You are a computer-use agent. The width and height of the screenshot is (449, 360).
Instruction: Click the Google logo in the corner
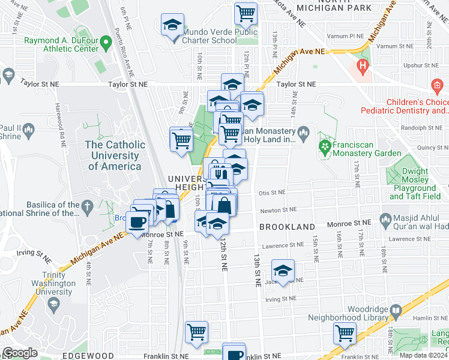coord(20,352)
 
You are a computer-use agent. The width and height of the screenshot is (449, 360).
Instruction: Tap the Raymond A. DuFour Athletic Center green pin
coord(106,42)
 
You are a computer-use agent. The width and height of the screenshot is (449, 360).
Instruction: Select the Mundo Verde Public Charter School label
coord(220,36)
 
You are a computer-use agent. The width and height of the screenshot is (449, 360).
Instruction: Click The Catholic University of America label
coord(115,155)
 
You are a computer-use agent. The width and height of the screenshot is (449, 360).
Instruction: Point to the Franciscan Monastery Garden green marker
coord(325,146)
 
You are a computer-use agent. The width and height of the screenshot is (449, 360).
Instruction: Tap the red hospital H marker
coord(362,64)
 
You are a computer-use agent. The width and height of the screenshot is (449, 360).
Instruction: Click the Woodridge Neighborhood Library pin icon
coord(396,311)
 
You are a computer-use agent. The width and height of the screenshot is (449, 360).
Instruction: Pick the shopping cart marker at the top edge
coord(246,12)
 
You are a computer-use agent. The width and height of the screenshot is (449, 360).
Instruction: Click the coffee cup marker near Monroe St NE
coord(137,222)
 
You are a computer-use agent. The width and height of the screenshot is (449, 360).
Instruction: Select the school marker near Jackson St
coord(283,269)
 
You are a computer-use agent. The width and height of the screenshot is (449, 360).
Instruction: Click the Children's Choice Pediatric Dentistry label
coord(405,106)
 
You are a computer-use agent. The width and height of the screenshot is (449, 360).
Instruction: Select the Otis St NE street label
coord(272,193)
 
